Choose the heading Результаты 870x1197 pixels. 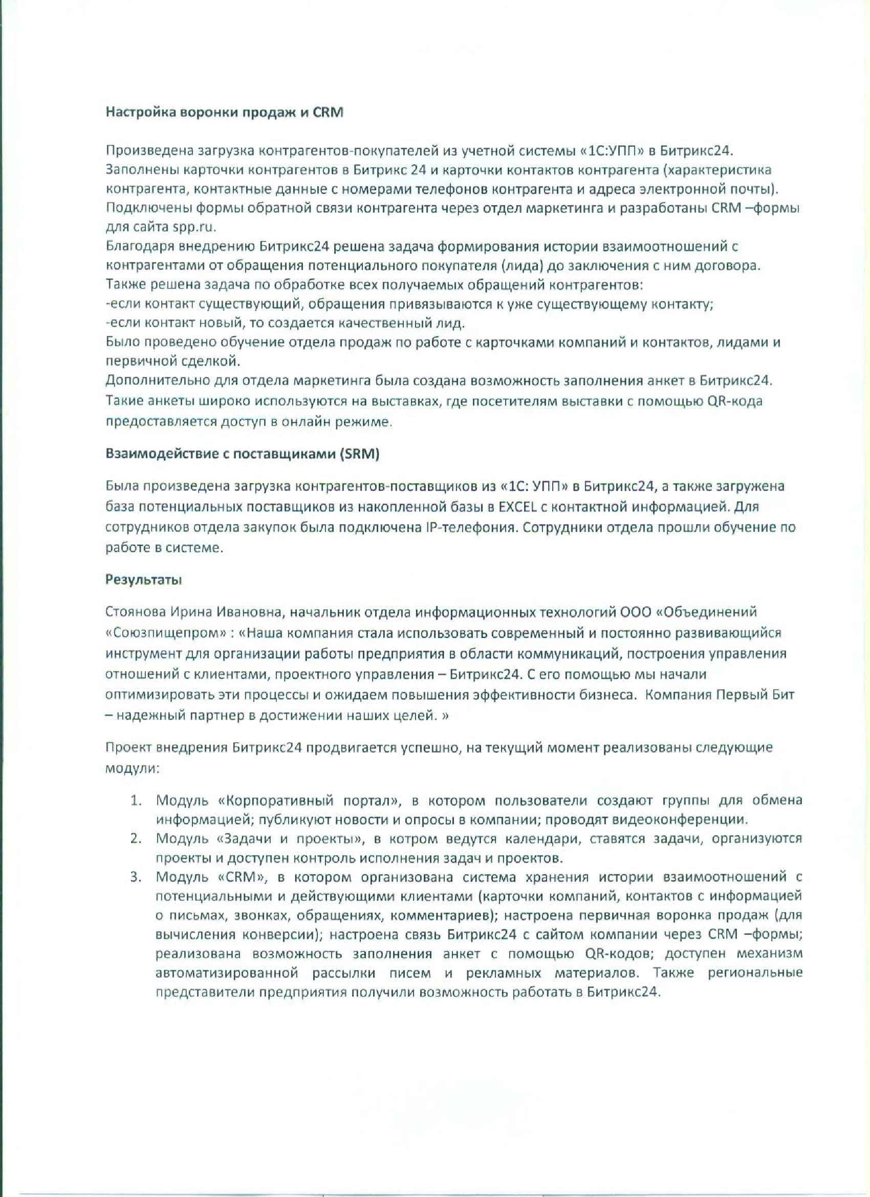coord(144,580)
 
